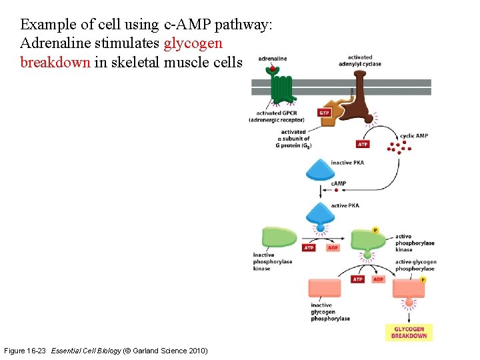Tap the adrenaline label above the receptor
coord(272,59)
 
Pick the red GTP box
coord(324,113)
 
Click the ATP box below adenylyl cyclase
coord(363,144)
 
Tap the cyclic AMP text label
coord(413,135)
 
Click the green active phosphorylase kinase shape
coord(368,241)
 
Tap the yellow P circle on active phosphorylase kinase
coord(375,230)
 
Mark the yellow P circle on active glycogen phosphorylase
coord(423,280)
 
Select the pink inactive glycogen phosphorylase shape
coord(325,287)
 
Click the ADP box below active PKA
coord(333,248)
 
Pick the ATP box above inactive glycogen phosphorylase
coord(358,279)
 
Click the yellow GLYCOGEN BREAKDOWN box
coord(409,332)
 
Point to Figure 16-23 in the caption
coord(25,351)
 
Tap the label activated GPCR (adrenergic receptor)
coord(276,117)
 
